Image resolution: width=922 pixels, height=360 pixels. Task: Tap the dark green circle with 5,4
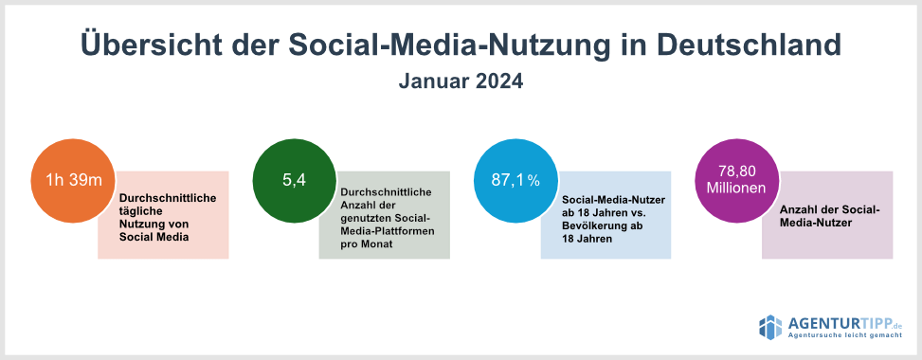click(295, 180)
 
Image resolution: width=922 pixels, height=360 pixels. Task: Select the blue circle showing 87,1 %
click(516, 180)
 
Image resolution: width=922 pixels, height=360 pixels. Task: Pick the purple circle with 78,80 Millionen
click(737, 180)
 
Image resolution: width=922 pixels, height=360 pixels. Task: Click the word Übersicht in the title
click(150, 45)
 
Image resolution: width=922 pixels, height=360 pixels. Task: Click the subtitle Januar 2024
click(461, 81)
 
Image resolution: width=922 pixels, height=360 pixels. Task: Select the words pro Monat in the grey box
click(367, 244)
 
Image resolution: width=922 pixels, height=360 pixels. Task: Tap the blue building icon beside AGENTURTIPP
click(771, 327)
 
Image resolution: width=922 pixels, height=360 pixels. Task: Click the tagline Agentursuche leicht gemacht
click(845, 336)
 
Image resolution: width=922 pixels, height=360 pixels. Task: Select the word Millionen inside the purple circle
click(737, 189)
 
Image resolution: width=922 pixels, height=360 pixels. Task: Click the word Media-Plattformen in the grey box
click(388, 231)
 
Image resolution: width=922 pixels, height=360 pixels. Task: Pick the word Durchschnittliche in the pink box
click(168, 198)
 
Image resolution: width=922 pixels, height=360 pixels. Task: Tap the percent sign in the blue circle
click(533, 182)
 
